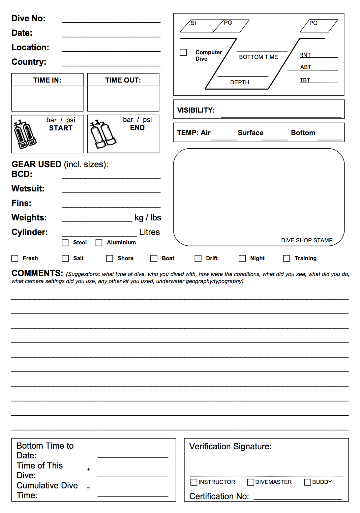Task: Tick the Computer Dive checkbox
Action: [183, 52]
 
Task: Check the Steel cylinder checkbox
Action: [65, 243]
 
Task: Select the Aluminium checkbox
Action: [99, 243]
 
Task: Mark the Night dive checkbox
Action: [242, 259]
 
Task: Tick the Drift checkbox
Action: [198, 259]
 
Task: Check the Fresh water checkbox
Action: [15, 259]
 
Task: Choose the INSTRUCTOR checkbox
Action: [194, 482]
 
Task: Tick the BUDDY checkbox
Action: [307, 482]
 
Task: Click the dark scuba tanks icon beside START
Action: [25, 134]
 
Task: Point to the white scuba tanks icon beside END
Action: [103, 134]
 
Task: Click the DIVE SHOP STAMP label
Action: [307, 240]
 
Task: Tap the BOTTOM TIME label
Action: [259, 57]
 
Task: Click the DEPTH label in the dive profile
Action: [240, 82]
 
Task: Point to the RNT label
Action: [305, 55]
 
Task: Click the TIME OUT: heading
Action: [123, 80]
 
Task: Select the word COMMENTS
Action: [37, 273]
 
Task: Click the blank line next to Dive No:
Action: [111, 20]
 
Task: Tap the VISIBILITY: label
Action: [196, 110]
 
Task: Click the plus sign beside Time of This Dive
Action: [89, 469]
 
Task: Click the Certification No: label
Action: [219, 496]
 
